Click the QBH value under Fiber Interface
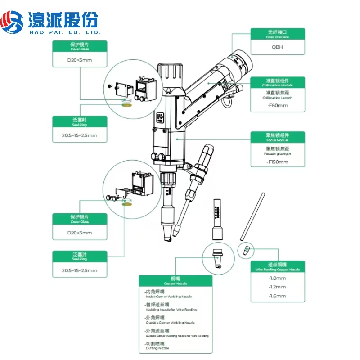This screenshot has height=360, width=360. click(x=277, y=46)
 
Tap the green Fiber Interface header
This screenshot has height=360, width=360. click(x=277, y=33)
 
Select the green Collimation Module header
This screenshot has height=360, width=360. click(x=277, y=82)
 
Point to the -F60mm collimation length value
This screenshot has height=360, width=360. click(x=277, y=106)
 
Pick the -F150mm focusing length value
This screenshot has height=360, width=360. click(x=277, y=161)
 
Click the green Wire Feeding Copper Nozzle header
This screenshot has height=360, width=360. click(x=277, y=266)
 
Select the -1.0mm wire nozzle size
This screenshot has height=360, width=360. click(x=277, y=278)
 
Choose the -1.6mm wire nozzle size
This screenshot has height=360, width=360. click(x=277, y=296)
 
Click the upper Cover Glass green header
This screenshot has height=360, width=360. click(x=80, y=46)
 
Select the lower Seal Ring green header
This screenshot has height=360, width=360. click(x=80, y=256)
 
